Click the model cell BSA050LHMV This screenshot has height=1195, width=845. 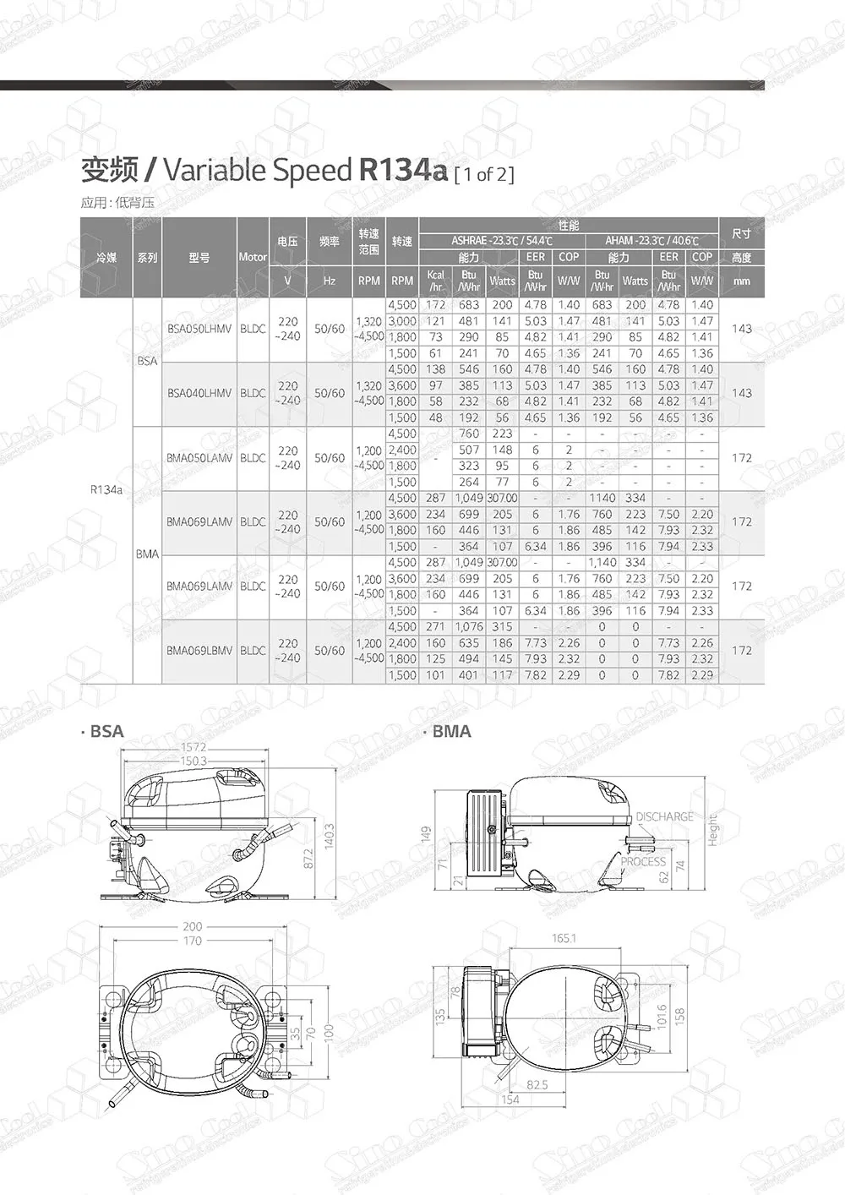tap(199, 330)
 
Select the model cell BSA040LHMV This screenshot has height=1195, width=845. tap(199, 394)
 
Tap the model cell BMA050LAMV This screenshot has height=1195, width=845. tap(199, 458)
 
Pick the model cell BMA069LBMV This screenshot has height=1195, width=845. tap(199, 651)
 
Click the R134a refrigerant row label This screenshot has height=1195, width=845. tap(106, 490)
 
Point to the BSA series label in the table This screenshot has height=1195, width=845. tap(147, 361)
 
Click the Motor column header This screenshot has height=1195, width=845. tap(253, 257)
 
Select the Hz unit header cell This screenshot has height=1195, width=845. tap(330, 281)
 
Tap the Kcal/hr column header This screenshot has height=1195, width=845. tap(435, 281)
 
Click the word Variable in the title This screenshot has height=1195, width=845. tap(215, 171)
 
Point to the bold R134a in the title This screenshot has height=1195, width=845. tap(403, 170)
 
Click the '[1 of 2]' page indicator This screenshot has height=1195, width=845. tap(484, 175)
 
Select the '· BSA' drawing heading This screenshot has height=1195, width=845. tap(104, 732)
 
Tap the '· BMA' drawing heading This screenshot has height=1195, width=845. tap(449, 732)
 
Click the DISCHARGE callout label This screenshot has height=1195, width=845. tap(664, 817)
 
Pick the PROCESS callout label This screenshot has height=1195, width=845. tap(643, 862)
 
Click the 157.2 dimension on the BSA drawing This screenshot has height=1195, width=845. tap(194, 748)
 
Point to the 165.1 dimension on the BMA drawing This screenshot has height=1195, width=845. tap(564, 939)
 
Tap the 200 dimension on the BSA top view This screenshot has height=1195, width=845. tap(193, 927)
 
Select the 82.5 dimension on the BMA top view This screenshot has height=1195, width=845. tap(537, 1085)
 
